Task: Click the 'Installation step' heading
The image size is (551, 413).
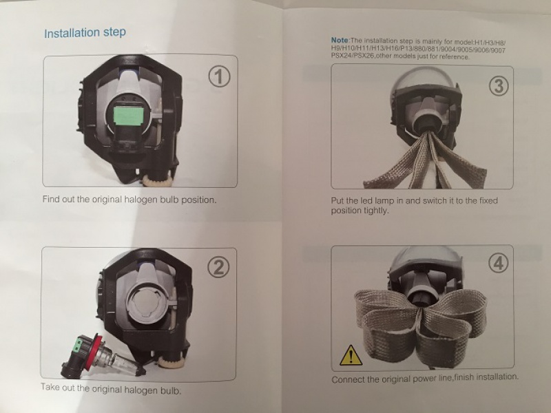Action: [x=85, y=32]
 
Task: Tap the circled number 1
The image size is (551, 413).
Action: [x=220, y=76]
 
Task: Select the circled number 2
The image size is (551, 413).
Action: [x=218, y=268]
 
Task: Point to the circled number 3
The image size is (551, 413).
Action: [x=499, y=85]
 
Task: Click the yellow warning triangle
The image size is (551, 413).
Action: [x=351, y=354]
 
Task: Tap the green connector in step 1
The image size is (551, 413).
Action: [x=129, y=115]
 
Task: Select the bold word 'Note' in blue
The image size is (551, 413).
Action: [x=340, y=40]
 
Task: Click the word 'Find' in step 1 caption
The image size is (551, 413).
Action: [x=50, y=199]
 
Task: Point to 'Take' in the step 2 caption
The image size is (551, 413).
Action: [x=50, y=387]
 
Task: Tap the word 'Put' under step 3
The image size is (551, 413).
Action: [x=337, y=201]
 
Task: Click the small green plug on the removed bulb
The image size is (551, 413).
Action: [x=79, y=343]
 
